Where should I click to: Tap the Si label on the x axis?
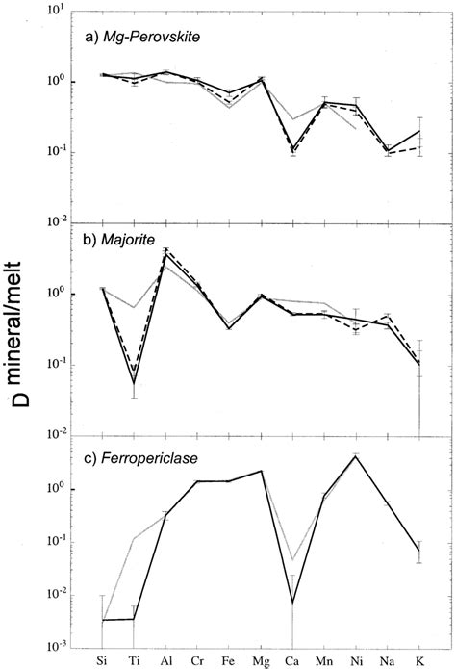click(102, 659)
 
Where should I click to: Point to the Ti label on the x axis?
click(134, 659)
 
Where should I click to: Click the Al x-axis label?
click(165, 659)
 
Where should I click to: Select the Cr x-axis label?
click(197, 659)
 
